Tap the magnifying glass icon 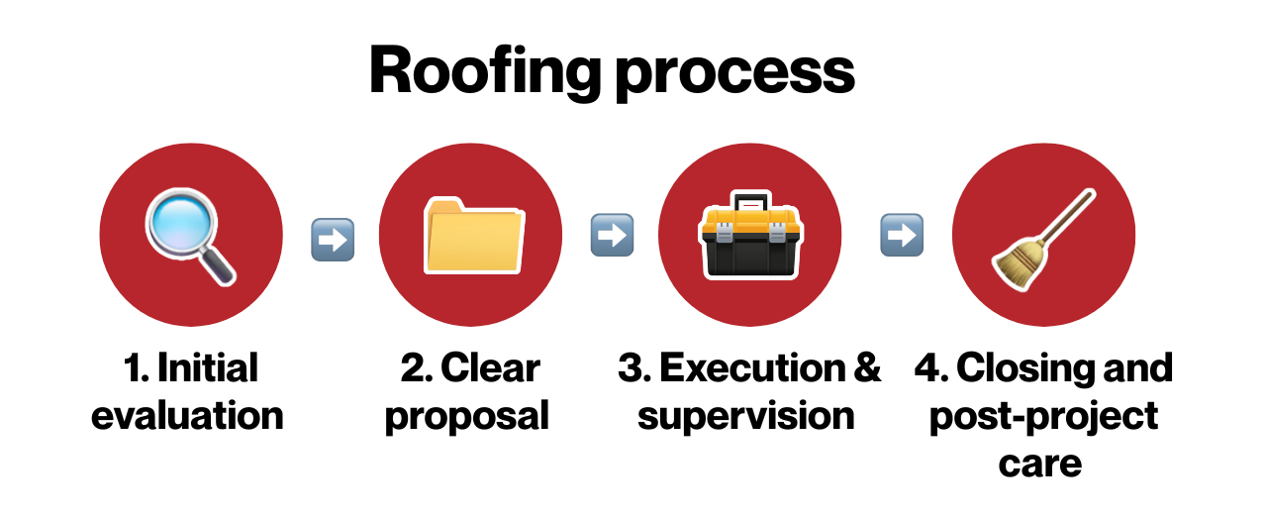pos(190,239)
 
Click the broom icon pos(1041,241)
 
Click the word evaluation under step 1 pos(188,414)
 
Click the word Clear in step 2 pos(491,368)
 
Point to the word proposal pos(466,416)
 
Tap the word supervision pos(746,416)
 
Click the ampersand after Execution pos(865,368)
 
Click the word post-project pos(1042,416)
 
